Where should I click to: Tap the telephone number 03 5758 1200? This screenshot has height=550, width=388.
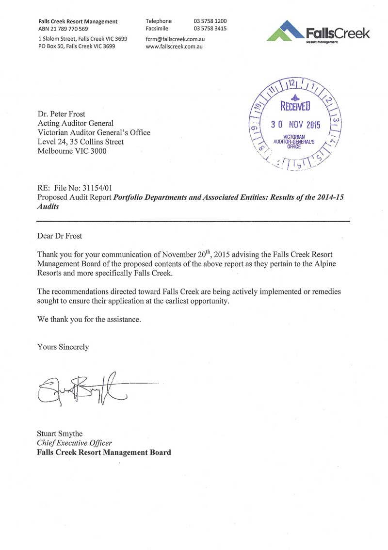210,21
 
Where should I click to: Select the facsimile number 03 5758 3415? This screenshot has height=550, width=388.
210,29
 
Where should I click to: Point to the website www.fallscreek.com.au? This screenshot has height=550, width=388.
174,47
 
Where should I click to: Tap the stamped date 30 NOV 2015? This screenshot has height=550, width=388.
295,125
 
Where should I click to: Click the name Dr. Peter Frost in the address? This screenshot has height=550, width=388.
61,114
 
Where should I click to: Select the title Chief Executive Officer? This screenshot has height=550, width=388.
74,443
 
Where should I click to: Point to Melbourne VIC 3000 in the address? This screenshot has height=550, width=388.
72,151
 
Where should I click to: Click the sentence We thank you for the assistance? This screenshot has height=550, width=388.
89,320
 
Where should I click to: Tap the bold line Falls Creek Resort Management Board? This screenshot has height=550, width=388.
104,453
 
